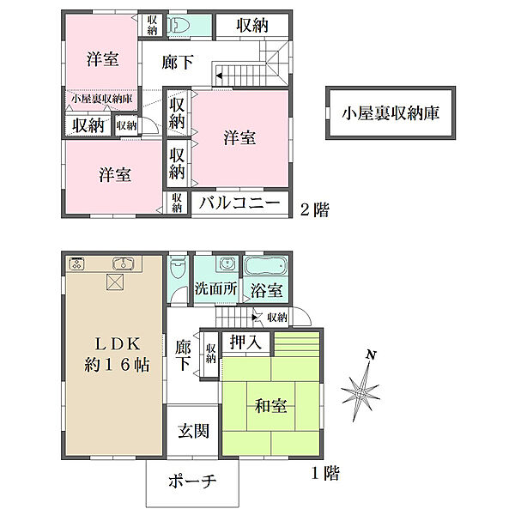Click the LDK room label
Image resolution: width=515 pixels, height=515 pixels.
[x=118, y=344]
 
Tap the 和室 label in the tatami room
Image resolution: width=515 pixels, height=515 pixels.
[x=271, y=406]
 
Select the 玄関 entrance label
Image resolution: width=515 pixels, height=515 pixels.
[x=193, y=431]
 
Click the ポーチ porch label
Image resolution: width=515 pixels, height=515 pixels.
[x=192, y=482]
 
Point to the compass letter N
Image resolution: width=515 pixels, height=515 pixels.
[x=371, y=354]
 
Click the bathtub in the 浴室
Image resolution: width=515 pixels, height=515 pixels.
[x=266, y=265]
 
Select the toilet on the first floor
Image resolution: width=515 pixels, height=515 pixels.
[x=179, y=268]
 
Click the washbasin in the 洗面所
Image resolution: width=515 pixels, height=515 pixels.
[x=227, y=264]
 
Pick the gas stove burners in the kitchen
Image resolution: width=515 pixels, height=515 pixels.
[x=77, y=264]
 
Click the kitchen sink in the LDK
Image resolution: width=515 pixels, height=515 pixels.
[x=124, y=264]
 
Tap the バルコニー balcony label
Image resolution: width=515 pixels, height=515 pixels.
[x=239, y=203]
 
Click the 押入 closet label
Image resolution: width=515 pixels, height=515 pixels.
[x=245, y=342]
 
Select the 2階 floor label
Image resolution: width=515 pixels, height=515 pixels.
[x=315, y=210]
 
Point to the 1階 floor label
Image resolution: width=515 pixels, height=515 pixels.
[x=325, y=473]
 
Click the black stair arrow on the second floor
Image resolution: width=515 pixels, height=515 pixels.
[x=219, y=76]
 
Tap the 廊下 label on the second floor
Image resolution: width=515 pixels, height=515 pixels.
[x=178, y=62]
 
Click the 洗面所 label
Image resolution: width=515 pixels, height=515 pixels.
[x=215, y=288]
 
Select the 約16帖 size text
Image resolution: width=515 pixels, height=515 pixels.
[x=118, y=365]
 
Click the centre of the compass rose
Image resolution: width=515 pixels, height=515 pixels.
[x=361, y=393]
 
